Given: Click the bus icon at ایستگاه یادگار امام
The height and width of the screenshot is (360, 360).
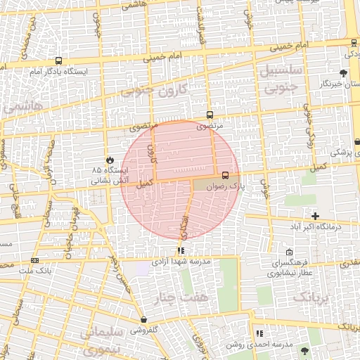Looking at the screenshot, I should click(x=58, y=60).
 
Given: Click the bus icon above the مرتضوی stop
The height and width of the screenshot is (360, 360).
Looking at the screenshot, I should click(x=210, y=115).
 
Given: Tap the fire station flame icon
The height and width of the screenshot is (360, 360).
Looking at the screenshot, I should click(x=110, y=160).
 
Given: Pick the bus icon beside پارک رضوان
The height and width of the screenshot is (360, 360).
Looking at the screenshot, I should click(x=225, y=175).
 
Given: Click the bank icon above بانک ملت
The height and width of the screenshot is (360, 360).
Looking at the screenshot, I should click(x=34, y=260).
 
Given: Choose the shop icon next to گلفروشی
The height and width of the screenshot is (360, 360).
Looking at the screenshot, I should click(x=143, y=320).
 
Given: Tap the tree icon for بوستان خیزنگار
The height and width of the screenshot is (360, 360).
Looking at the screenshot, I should click(x=343, y=73).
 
